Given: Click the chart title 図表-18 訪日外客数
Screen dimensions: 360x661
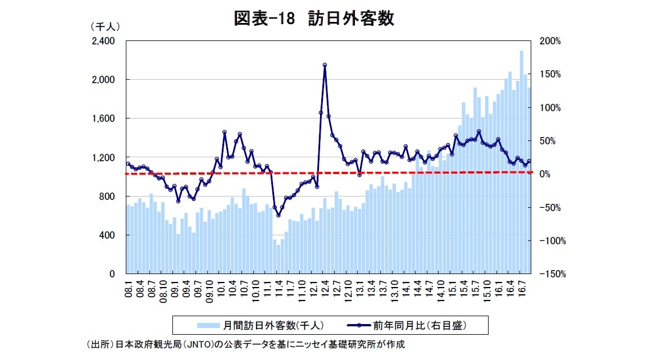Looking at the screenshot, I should (314, 18).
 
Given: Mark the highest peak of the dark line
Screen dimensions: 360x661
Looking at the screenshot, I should (325, 65).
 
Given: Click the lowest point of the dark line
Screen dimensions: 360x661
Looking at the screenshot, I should (278, 215).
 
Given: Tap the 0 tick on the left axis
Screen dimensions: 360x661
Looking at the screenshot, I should (112, 274).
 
